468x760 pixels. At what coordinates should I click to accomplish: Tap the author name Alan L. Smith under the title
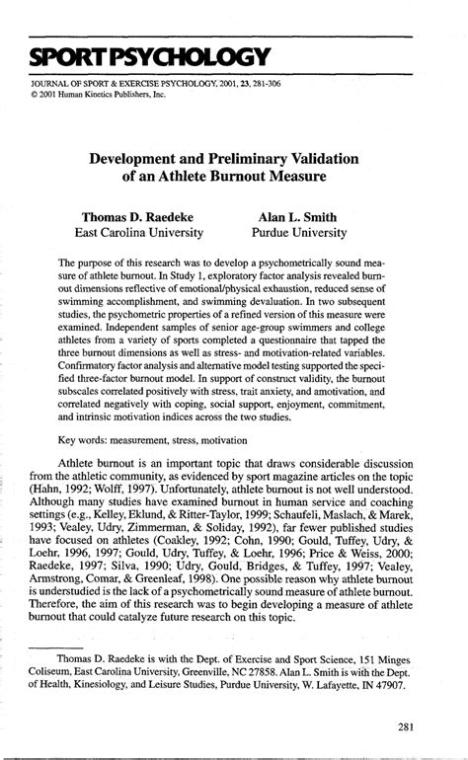pyautogui.click(x=298, y=214)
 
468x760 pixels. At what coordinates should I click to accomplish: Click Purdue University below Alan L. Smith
pyautogui.click(x=298, y=233)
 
